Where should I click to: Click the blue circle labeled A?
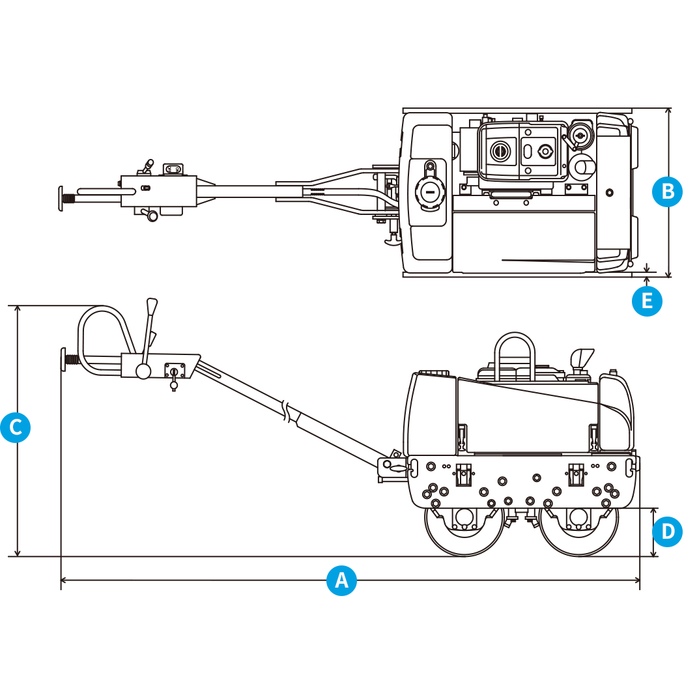point(341,579)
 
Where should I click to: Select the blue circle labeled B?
point(667,192)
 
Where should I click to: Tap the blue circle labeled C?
point(16,427)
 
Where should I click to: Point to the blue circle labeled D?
point(667,532)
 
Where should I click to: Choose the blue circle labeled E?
point(647,301)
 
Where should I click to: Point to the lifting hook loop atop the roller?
point(515,352)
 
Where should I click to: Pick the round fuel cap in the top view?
point(428,192)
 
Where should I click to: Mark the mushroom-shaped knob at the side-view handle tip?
point(64,359)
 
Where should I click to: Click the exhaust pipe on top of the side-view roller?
point(581,359)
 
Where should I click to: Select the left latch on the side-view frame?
point(463,474)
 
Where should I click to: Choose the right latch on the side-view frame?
point(575,474)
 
